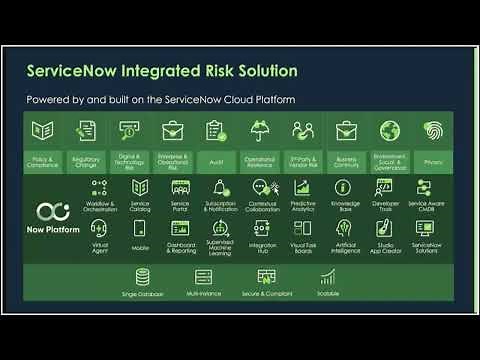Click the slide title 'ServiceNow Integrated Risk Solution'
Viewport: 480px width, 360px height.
pyautogui.click(x=162, y=71)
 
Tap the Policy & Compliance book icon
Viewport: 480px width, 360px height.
pyautogui.click(x=42, y=130)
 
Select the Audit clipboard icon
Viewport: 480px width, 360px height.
pyautogui.click(x=215, y=130)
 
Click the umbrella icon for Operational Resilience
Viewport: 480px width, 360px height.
pyautogui.click(x=259, y=130)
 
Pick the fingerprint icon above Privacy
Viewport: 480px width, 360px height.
pyautogui.click(x=433, y=130)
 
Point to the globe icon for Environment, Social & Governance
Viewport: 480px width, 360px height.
pyautogui.click(x=389, y=130)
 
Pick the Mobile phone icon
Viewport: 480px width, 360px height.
pyautogui.click(x=140, y=228)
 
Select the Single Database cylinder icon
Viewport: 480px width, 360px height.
pyautogui.click(x=142, y=277)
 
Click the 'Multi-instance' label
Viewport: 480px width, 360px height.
pyautogui.click(x=204, y=294)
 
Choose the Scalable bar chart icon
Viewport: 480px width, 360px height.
pyautogui.click(x=328, y=277)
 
